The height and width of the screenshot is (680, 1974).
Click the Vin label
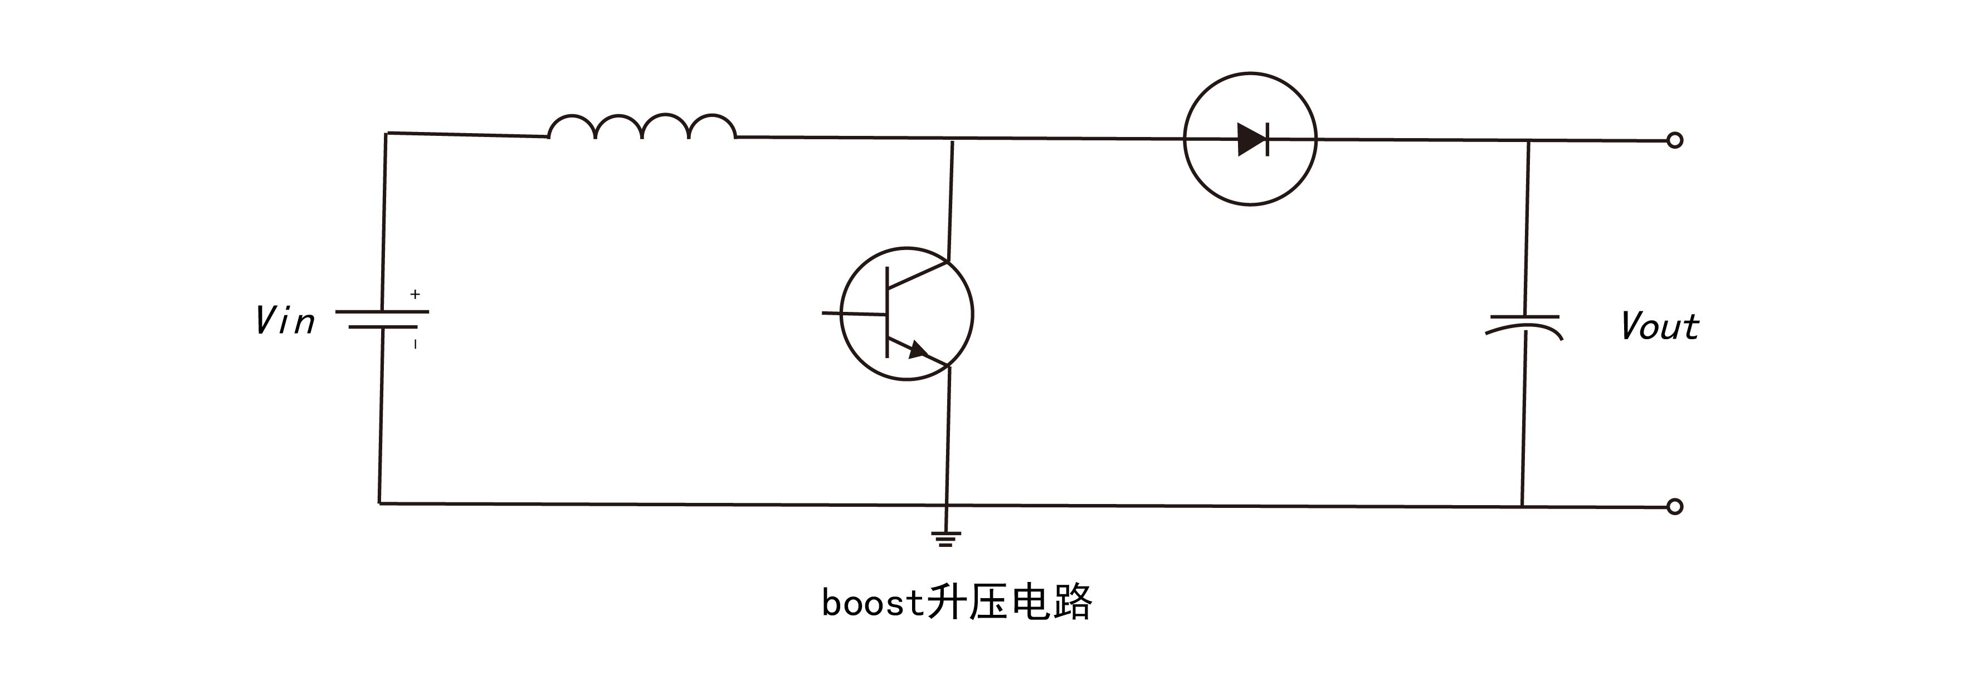[285, 321]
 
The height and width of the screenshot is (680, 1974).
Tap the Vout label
[1660, 326]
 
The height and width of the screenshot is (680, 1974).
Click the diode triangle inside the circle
[1251, 139]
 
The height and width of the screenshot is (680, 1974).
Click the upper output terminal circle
[1675, 140]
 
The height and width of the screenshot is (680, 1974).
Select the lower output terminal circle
[1675, 506]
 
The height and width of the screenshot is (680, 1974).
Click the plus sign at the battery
[415, 294]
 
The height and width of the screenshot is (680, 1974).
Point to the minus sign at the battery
[415, 345]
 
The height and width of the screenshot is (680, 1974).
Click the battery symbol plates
[382, 319]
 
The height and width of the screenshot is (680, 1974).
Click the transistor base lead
[854, 313]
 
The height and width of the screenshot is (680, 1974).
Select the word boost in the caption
[873, 603]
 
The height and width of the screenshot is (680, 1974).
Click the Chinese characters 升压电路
[1009, 602]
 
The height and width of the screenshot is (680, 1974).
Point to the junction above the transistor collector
[952, 139]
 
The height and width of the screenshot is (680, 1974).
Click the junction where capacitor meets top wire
[1529, 141]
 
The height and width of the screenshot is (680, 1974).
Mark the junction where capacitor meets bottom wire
[1522, 506]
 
